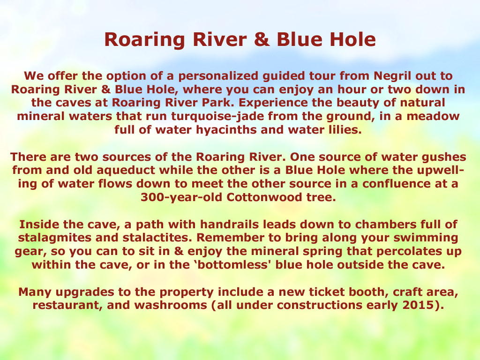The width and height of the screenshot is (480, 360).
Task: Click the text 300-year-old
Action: (x=181, y=197)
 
